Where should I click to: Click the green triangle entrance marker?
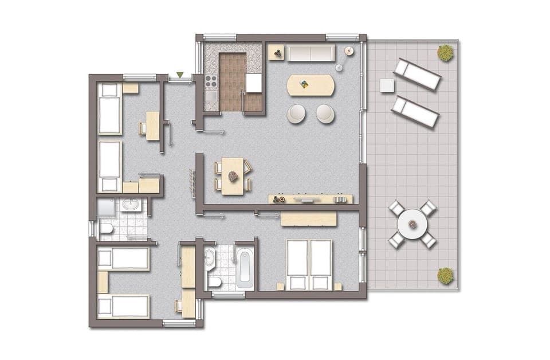click(x=180, y=75)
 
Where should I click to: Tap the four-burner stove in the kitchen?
click(x=211, y=81)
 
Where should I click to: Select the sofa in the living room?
click(x=311, y=53)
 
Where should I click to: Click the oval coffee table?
click(x=311, y=85)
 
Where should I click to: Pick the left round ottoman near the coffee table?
click(x=297, y=114)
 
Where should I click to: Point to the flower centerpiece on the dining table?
click(x=233, y=176)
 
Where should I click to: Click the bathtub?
click(x=244, y=268)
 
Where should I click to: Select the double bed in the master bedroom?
click(x=309, y=264)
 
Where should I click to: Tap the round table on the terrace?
click(x=412, y=224)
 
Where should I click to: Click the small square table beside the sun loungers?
click(x=387, y=85)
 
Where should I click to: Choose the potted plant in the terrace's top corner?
click(x=446, y=53)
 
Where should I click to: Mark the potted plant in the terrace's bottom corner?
click(x=446, y=276)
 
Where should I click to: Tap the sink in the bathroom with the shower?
click(x=129, y=205)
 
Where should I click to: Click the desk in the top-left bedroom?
click(x=152, y=126)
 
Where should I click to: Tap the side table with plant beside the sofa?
click(x=277, y=53)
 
